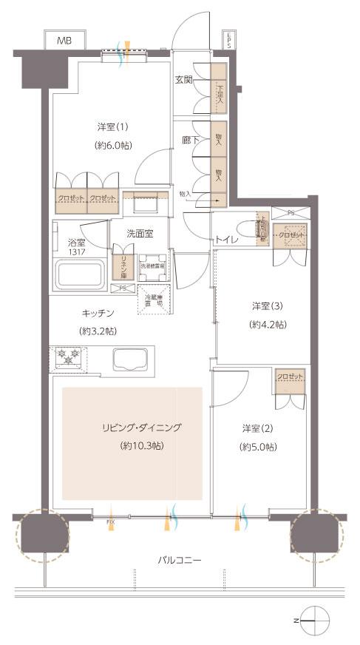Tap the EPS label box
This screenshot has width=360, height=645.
pos(230,40)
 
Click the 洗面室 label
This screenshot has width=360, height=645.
pos(139,233)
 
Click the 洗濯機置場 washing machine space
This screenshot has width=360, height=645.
pos(153,269)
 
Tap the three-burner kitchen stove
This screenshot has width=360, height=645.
pos(68,357)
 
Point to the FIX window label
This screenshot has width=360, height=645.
pos(110,523)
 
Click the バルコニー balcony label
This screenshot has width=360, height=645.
pos(180,560)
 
